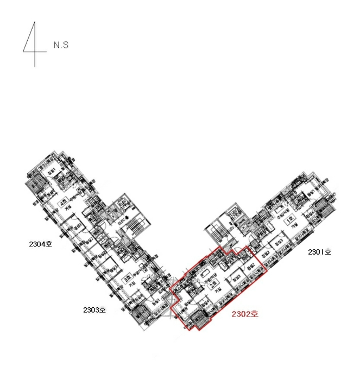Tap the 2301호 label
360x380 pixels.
[x=319, y=252]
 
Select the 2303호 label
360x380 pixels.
[x=94, y=311]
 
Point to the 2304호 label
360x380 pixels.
[x=41, y=244]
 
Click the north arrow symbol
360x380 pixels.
[x=31, y=45]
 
